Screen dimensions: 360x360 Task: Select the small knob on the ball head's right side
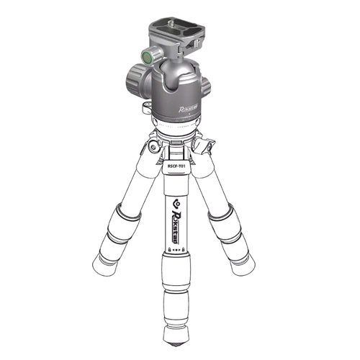206,86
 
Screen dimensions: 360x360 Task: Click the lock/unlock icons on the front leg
178,245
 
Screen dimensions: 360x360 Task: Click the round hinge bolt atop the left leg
153,147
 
